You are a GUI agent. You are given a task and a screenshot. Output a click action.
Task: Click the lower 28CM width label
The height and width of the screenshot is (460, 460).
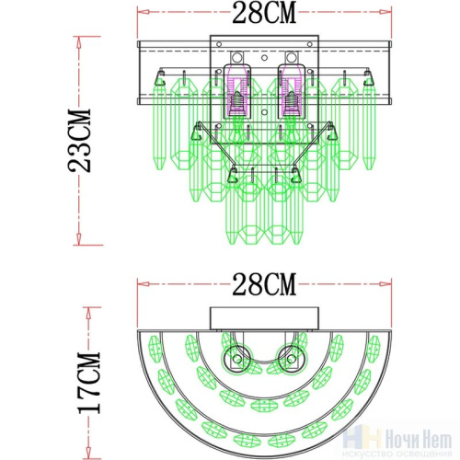click(x=265, y=286)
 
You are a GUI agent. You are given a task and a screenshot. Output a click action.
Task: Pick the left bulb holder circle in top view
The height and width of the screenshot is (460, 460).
click(x=238, y=360)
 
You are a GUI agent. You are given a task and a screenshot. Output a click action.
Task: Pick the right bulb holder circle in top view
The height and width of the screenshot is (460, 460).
click(x=293, y=360)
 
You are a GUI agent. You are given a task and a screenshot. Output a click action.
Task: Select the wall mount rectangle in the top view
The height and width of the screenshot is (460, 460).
click(x=266, y=319)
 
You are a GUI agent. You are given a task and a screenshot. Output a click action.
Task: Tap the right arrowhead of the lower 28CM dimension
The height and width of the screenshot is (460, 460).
click(x=388, y=286)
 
